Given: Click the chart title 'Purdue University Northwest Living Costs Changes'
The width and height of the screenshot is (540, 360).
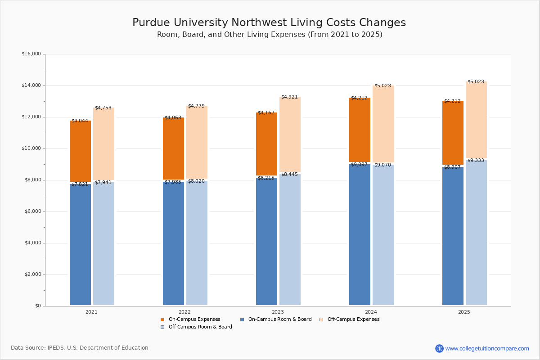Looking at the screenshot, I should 269,23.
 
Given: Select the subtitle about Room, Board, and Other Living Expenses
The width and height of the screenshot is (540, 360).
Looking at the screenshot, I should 270,35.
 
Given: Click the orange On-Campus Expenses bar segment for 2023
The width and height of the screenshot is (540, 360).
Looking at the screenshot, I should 266,144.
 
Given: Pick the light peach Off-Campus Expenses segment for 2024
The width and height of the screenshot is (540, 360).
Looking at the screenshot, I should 383,124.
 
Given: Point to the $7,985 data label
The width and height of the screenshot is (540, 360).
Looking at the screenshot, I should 173,182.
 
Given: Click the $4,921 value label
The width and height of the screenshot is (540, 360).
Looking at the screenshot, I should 289,97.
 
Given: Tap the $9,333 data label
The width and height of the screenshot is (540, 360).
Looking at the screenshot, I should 476,161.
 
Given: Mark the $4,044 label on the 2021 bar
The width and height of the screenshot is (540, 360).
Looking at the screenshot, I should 80,121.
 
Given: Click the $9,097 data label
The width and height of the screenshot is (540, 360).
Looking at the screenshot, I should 359,165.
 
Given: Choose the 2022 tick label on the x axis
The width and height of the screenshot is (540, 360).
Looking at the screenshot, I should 184,312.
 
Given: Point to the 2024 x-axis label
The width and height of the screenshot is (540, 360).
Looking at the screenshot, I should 371,312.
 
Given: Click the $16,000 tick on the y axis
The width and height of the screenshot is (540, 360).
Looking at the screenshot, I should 31,54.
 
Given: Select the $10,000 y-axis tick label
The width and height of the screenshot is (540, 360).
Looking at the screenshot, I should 31,148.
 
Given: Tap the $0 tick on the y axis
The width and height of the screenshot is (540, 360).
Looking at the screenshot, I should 38,306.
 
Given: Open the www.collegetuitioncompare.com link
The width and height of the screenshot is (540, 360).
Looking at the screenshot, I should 487,348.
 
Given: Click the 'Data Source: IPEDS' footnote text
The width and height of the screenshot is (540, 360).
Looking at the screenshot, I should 80,348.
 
